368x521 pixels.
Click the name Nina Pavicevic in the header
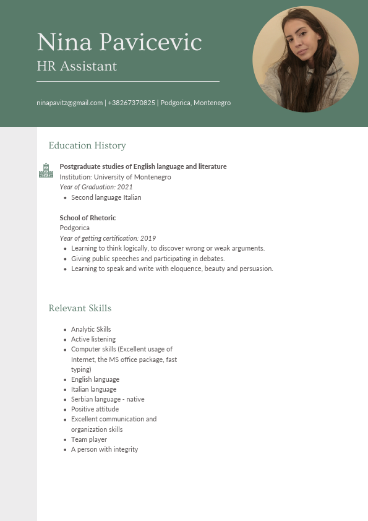pyautogui.click(x=119, y=42)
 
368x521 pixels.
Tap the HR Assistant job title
pyautogui.click(x=77, y=66)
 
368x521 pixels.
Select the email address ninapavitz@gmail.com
pyautogui.click(x=69, y=103)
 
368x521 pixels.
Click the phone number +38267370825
pyautogui.click(x=132, y=103)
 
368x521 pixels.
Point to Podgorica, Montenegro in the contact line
pyautogui.click(x=195, y=103)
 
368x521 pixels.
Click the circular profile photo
pyautogui.click(x=306, y=59)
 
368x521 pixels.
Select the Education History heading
pyautogui.click(x=87, y=145)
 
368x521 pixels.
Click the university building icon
pyautogui.click(x=46, y=171)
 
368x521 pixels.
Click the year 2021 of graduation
pyautogui.click(x=125, y=187)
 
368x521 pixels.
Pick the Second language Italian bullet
pyautogui.click(x=106, y=197)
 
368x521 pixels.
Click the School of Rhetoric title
pyautogui.click(x=88, y=218)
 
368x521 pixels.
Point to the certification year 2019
pyautogui.click(x=148, y=238)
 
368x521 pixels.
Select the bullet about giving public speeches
pyautogui.click(x=148, y=259)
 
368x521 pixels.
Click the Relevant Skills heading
pyautogui.click(x=80, y=308)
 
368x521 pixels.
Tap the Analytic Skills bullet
pyautogui.click(x=91, y=329)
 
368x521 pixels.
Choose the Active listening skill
pyautogui.click(x=93, y=339)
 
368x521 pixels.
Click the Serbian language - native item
pyautogui.click(x=108, y=399)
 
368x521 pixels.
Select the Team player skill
pyautogui.click(x=89, y=439)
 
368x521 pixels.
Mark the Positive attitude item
pyautogui.click(x=95, y=409)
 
